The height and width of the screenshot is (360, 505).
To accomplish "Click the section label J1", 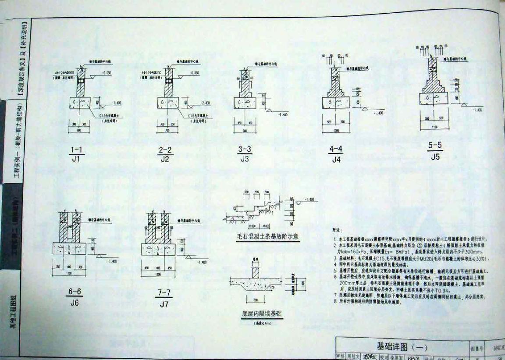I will pos(76,159).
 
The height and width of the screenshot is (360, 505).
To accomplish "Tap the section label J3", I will pos(245,159).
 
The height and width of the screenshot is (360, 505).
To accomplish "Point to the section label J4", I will pos(336,160).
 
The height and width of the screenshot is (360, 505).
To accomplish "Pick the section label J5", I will pos(435,157).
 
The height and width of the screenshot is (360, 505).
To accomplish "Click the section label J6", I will pos(74,303).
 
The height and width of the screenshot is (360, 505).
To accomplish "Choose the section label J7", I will pos(164,304).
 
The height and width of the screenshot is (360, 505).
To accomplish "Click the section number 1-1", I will pos(76,150).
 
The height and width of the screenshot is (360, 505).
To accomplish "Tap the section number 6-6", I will pos(74,292).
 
